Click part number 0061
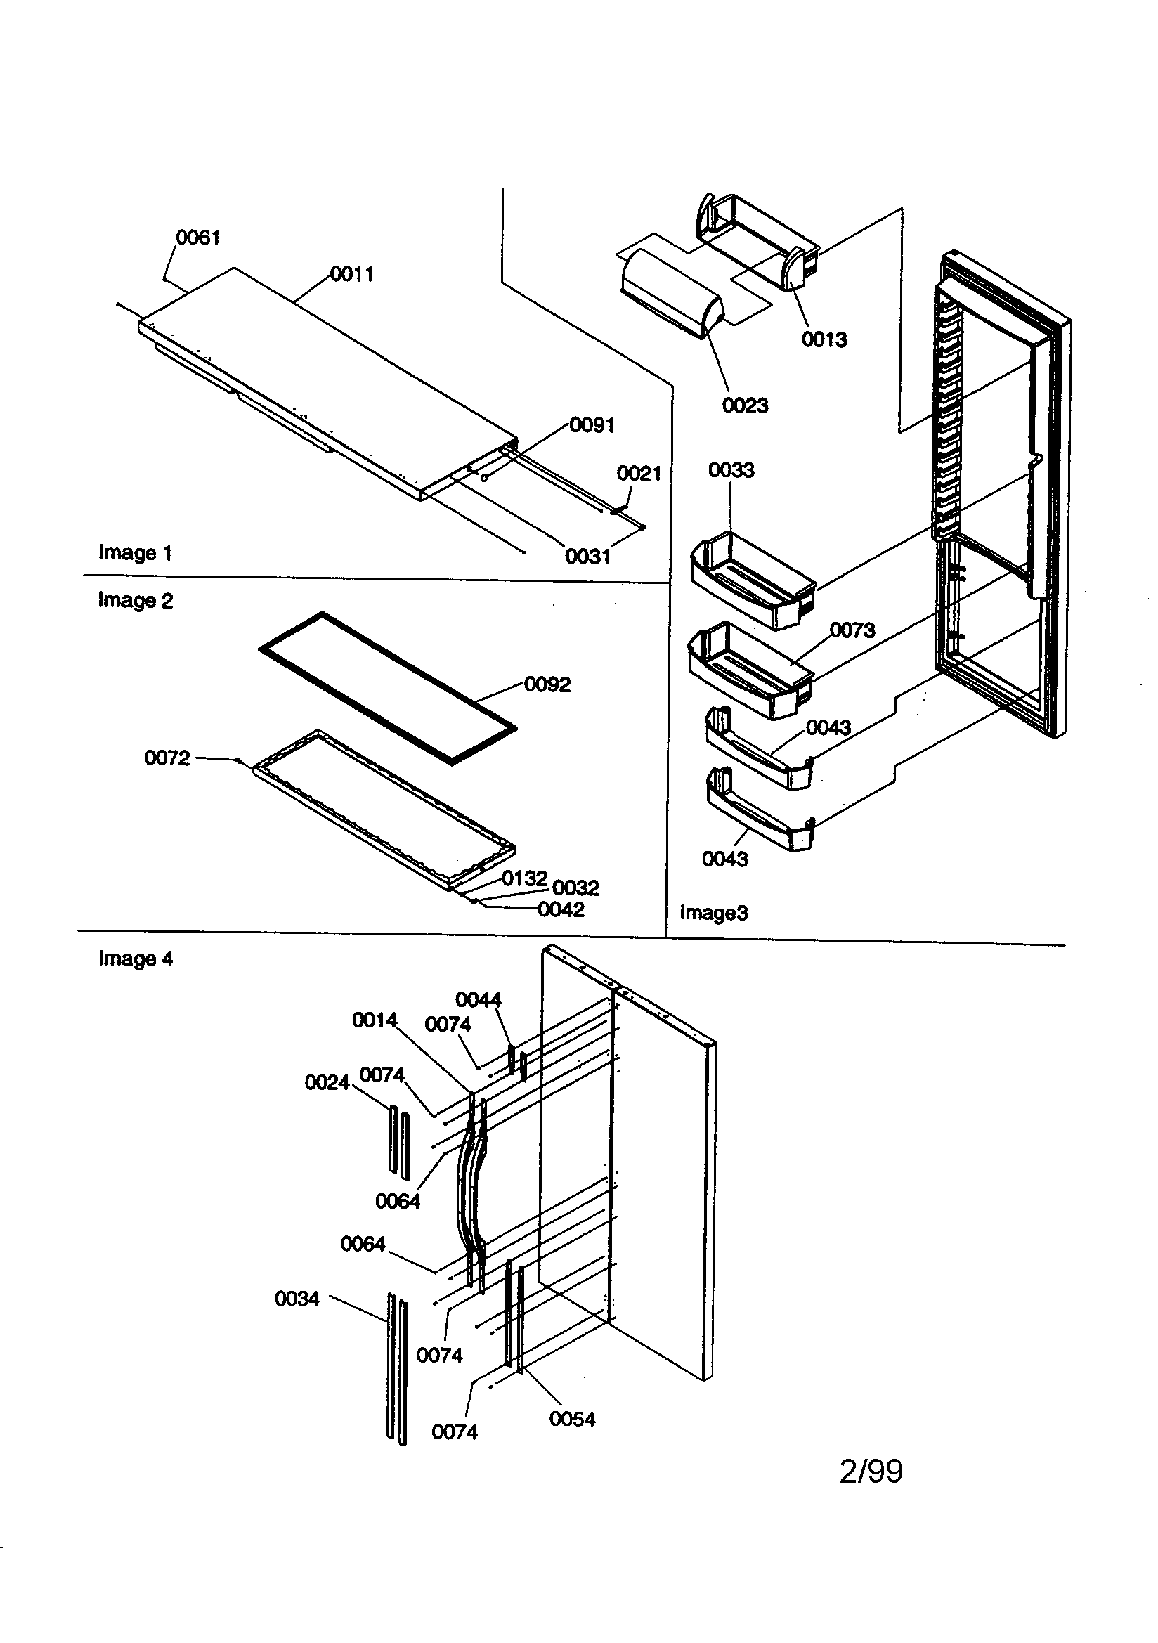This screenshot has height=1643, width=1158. click(x=197, y=238)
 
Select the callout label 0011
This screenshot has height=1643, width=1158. click(x=352, y=274)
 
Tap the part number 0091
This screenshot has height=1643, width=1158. click(x=592, y=425)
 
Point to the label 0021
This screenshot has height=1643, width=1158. click(x=639, y=473)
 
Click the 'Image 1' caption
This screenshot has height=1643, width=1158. click(x=136, y=552)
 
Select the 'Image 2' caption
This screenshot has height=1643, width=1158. click(x=136, y=600)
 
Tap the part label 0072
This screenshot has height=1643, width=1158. click(x=167, y=758)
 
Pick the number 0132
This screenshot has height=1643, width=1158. click(x=524, y=878)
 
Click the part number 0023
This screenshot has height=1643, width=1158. click(x=745, y=405)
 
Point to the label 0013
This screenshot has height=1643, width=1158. click(x=824, y=339)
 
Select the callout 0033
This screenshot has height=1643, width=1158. click(x=731, y=470)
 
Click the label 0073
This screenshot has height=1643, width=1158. click(x=852, y=630)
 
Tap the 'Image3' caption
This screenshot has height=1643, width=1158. click(x=713, y=912)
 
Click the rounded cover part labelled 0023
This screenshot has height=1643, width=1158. click(x=669, y=297)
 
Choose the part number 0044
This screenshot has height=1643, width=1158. click(x=478, y=999)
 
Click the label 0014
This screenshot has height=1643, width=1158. click(x=375, y=1020)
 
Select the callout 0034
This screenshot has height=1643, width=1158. click(x=297, y=1298)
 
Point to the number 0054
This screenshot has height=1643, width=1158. click(x=572, y=1418)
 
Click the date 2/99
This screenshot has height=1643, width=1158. click(x=871, y=1472)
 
